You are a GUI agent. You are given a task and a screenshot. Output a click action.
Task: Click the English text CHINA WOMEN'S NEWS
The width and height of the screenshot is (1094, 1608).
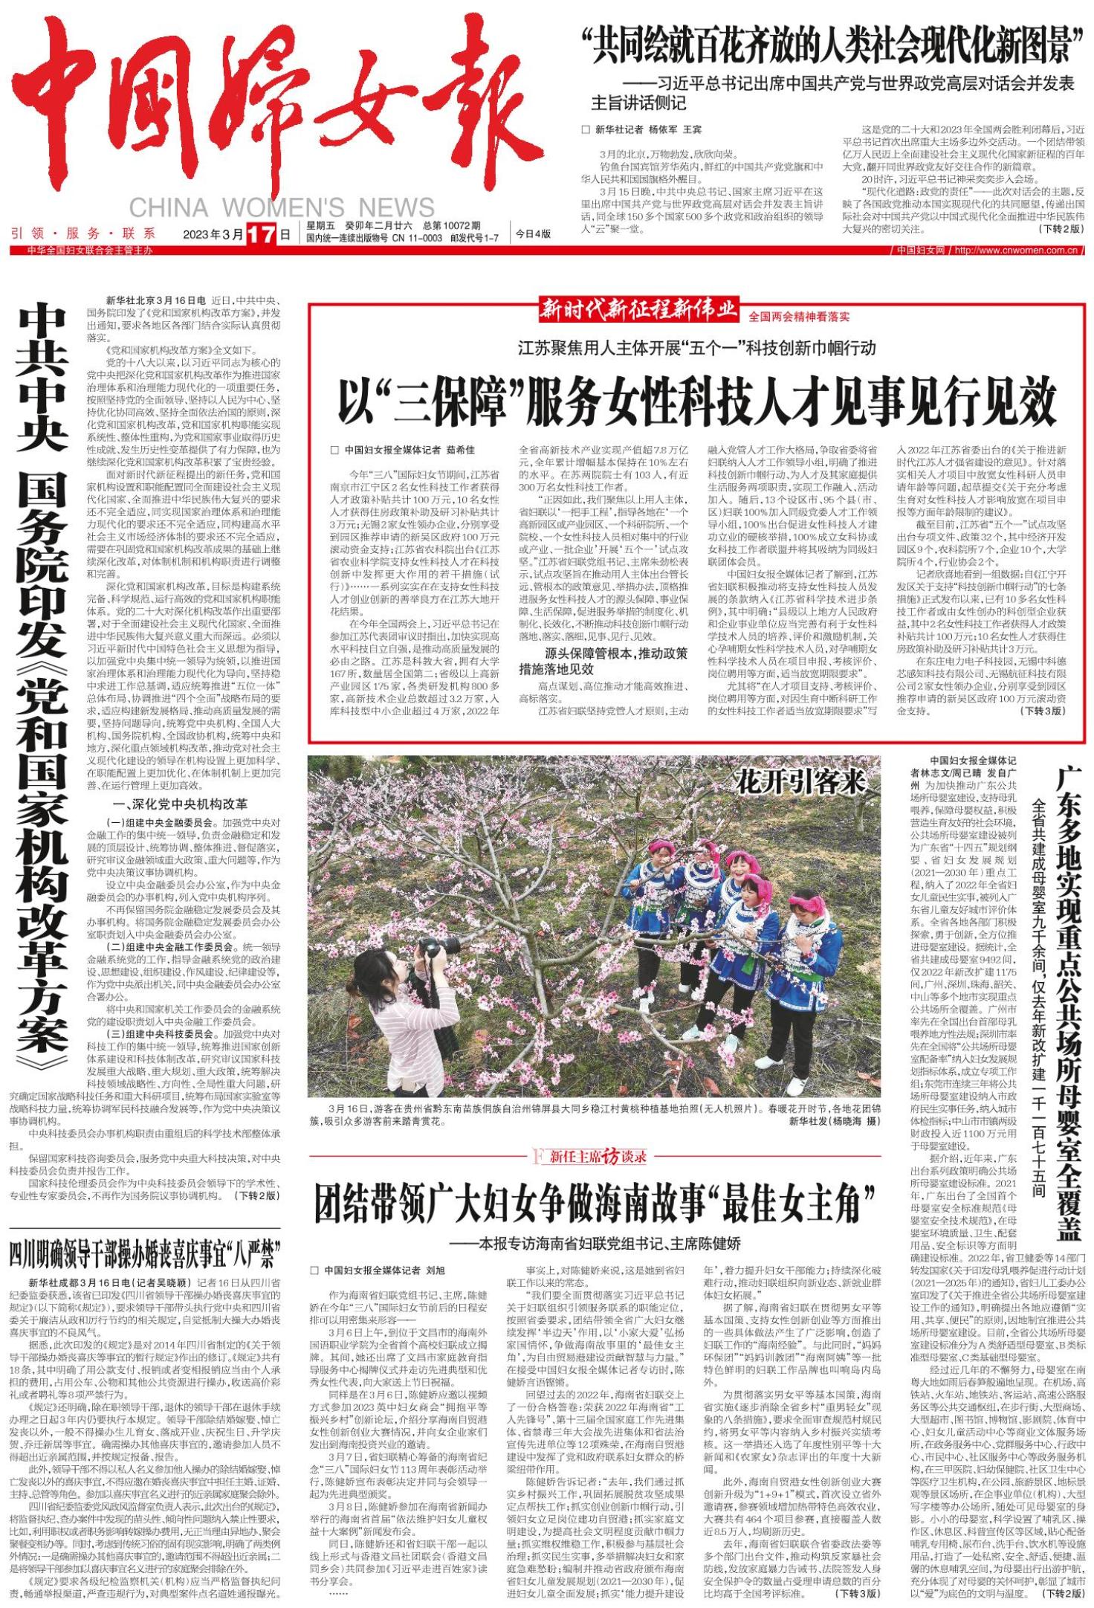point(282,207)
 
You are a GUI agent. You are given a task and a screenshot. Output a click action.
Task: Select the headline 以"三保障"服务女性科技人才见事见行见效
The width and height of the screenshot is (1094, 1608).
point(696,401)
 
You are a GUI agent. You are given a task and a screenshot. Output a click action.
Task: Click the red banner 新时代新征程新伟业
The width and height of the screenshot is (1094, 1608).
point(639,308)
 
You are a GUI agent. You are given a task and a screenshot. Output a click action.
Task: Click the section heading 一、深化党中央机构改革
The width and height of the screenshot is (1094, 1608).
point(179,804)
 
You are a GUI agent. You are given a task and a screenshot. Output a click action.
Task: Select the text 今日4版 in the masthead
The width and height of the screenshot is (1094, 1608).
point(533,233)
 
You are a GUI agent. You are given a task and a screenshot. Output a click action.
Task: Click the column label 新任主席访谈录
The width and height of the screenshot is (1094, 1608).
point(592,1157)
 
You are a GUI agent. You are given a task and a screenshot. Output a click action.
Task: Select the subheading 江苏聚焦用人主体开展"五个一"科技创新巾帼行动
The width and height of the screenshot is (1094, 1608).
point(696,348)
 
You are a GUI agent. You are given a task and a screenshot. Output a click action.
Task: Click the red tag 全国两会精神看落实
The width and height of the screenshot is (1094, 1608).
point(799,316)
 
